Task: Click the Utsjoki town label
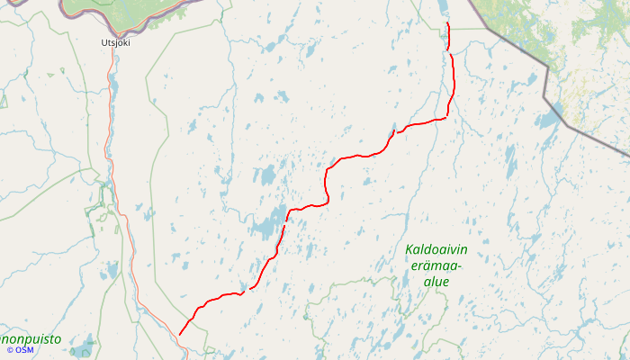[x=114, y=41]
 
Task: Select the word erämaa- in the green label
[x=436, y=265]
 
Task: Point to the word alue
[x=436, y=282]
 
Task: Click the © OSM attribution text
[x=20, y=349]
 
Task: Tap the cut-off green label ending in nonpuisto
[x=31, y=339]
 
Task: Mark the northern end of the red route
[x=447, y=23]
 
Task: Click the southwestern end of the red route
[x=180, y=335]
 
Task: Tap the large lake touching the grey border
[x=550, y=117]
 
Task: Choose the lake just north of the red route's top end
[x=445, y=9]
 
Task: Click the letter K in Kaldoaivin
[x=409, y=249]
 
